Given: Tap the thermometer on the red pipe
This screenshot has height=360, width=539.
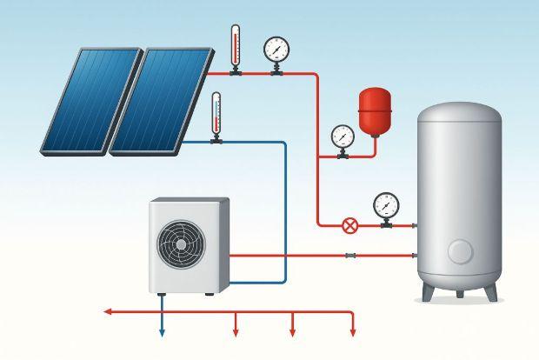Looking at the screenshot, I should pyautogui.click(x=235, y=47).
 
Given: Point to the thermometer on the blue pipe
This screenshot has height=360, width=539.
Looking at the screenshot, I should pyautogui.click(x=216, y=114).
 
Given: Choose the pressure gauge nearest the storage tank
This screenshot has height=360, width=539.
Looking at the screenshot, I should pyautogui.click(x=385, y=205).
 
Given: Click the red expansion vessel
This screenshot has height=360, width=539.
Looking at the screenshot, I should pyautogui.click(x=376, y=110).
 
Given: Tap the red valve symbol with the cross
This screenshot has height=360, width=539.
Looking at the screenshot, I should pyautogui.click(x=349, y=226).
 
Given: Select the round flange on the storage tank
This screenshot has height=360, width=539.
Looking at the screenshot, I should pyautogui.click(x=460, y=252).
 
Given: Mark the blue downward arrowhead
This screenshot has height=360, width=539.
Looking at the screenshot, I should pyautogui.click(x=162, y=331).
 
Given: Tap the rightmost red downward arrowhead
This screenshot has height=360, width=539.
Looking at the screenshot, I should pyautogui.click(x=353, y=331).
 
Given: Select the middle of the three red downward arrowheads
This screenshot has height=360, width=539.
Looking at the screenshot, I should pyautogui.click(x=293, y=331).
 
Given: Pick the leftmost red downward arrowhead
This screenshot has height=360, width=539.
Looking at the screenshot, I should pyautogui.click(x=236, y=331).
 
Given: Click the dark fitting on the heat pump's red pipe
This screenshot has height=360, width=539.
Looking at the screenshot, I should pyautogui.click(x=349, y=256).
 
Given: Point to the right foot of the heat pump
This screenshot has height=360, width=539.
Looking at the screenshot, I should pyautogui.click(x=210, y=294).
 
